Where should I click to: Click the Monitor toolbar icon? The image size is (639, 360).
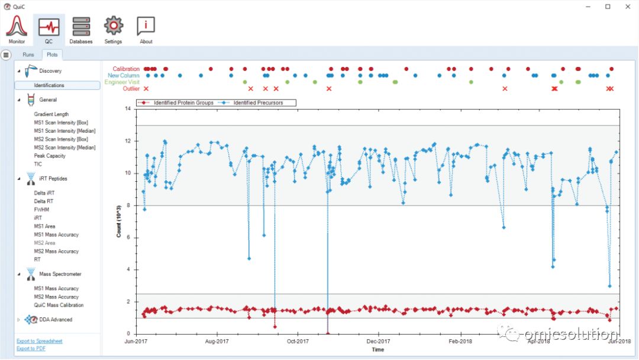(x=17, y=25)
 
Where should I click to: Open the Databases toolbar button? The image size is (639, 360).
(x=81, y=27)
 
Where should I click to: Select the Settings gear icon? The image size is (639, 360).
(x=113, y=26)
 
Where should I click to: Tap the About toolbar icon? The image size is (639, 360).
(x=146, y=26)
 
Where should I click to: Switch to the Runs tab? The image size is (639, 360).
(x=28, y=54)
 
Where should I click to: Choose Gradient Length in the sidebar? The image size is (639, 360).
(x=51, y=114)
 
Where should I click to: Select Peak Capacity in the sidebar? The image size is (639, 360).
(x=50, y=156)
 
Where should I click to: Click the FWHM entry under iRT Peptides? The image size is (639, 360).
(x=41, y=210)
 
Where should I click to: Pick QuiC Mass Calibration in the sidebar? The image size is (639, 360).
(x=59, y=305)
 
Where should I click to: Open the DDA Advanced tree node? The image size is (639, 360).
(x=56, y=320)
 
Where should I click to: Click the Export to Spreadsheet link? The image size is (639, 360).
(x=40, y=341)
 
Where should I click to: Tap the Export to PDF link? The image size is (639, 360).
(x=31, y=349)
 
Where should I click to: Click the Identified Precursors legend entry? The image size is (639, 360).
(x=258, y=103)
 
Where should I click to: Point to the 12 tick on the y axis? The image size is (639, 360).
(x=128, y=141)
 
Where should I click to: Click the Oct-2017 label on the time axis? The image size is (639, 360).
(x=298, y=341)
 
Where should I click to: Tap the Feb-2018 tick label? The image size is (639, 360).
(x=460, y=341)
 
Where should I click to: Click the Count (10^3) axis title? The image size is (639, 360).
(x=118, y=221)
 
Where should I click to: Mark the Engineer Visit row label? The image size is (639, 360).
(x=122, y=82)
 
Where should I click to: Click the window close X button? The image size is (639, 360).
(x=628, y=7)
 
